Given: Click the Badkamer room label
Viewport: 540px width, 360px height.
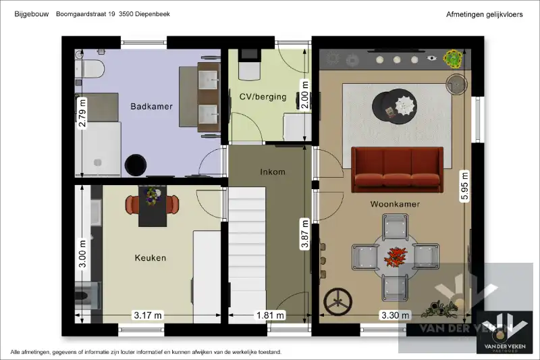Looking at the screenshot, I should point(151,106).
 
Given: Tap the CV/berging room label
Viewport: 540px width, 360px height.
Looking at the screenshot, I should point(263,97).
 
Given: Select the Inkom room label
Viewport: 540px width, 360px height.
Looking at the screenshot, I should point(272,172).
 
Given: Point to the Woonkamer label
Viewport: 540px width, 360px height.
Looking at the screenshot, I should point(395,203).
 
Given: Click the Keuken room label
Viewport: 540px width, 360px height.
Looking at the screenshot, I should point(150,257).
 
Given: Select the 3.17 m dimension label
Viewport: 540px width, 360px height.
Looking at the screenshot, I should point(148,315).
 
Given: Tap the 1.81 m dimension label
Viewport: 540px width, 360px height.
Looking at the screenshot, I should point(271,315).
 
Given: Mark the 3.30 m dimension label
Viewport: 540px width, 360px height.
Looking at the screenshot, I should point(395,315).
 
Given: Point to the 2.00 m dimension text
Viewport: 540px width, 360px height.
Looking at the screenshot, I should point(304,96).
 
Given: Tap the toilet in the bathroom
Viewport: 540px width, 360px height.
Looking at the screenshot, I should point(90,68).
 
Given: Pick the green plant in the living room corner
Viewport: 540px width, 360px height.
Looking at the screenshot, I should point(452,59).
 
